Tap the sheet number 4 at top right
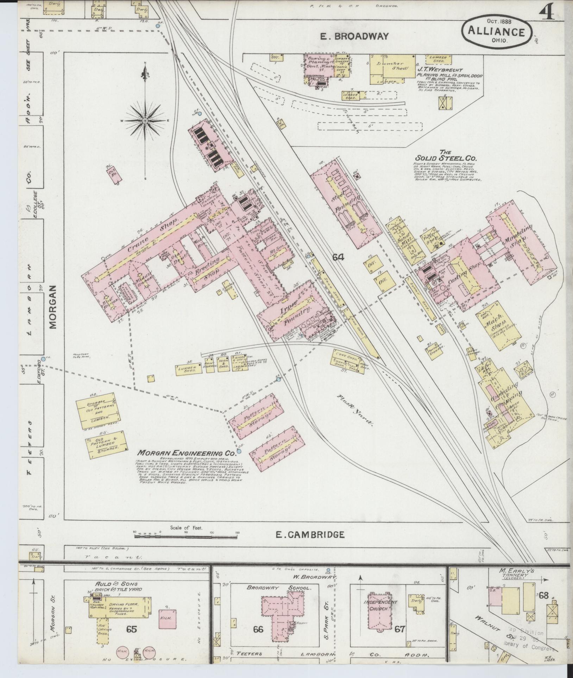click(546, 12)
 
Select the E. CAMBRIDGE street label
click(309, 545)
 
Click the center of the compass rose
click(145, 121)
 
